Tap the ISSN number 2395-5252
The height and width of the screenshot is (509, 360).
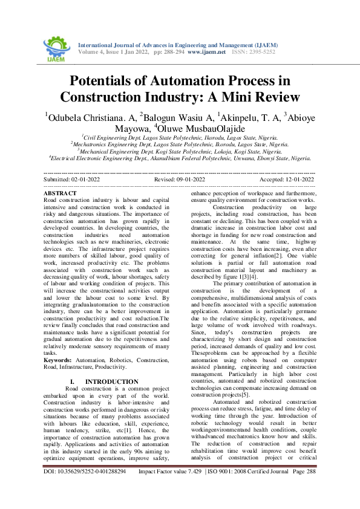point(262,53)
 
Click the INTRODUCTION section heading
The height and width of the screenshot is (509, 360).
point(112,381)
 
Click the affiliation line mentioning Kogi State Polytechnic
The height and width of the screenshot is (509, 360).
point(180,152)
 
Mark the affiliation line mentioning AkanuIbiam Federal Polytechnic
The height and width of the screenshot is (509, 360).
point(181,159)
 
